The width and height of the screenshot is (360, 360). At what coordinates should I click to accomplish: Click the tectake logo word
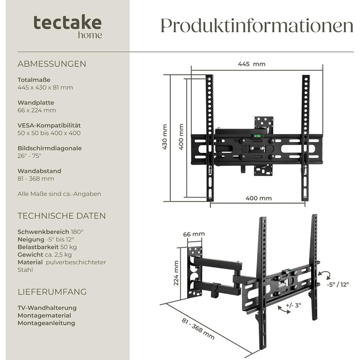(67, 22)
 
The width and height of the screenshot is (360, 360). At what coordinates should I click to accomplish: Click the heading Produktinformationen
(257, 26)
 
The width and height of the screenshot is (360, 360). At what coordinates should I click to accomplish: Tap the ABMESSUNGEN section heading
(51, 64)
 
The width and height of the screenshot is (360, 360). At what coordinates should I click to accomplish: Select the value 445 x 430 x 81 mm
(45, 87)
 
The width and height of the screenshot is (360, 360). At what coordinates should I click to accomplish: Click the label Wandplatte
(36, 102)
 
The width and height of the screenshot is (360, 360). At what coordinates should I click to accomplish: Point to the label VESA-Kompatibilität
(49, 125)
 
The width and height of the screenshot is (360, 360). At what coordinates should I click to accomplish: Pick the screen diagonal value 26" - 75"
(29, 156)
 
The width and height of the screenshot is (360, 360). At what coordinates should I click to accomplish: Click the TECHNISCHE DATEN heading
(62, 216)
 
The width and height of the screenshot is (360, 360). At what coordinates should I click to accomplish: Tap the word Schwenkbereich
(43, 232)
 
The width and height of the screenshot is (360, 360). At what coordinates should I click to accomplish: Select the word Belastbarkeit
(38, 247)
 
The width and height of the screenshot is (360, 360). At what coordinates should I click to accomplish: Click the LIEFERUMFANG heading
(52, 292)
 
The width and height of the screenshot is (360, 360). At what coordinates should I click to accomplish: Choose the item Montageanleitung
(46, 323)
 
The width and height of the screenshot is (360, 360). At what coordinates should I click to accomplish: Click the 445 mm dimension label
(251, 64)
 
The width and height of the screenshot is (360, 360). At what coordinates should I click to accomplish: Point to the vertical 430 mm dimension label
(165, 137)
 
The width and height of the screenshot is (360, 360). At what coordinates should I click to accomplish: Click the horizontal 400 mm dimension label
(259, 198)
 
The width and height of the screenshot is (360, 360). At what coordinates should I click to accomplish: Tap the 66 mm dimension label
(194, 234)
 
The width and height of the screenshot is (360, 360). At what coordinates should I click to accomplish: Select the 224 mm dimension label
(176, 273)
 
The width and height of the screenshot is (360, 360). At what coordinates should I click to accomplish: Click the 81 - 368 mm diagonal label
(198, 329)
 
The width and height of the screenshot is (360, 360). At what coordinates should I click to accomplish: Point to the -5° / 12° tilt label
(338, 284)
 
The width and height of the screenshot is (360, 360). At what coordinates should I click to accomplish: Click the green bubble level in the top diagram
(257, 136)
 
